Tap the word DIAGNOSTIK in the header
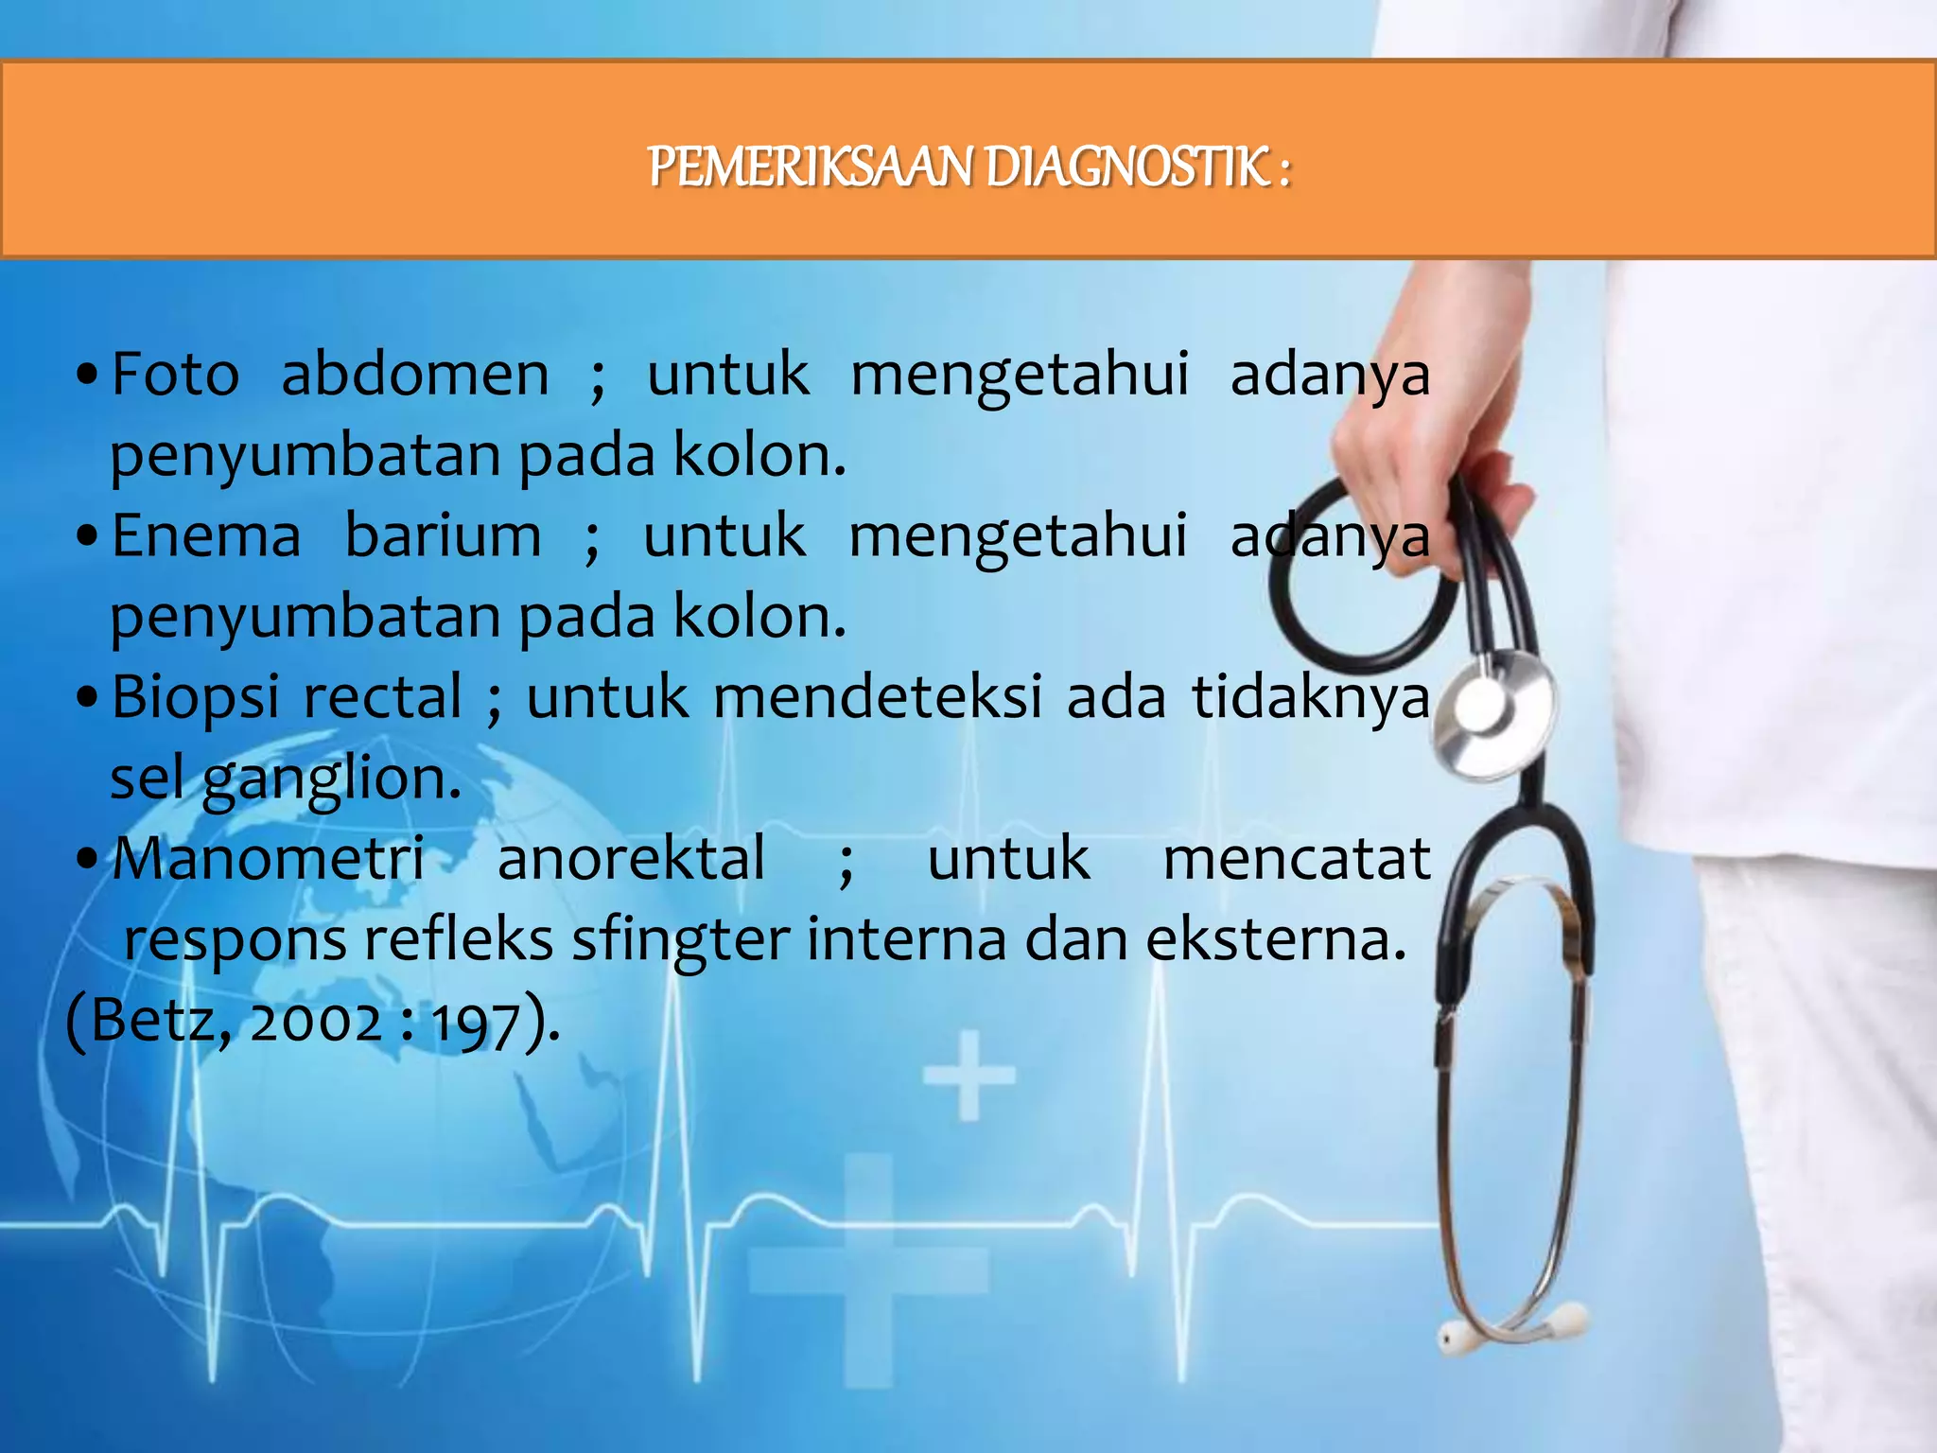tap(1126, 167)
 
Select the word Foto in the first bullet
tap(175, 374)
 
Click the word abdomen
tap(414, 374)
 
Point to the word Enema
tap(205, 535)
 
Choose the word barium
tap(443, 535)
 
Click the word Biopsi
tap(194, 698)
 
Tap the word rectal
tap(382, 698)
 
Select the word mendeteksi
tap(877, 698)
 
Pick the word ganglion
tap(331, 780)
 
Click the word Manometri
tap(269, 859)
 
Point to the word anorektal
tap(631, 859)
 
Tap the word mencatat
tap(1296, 859)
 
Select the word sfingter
tap(680, 940)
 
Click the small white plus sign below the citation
tap(968, 1076)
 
